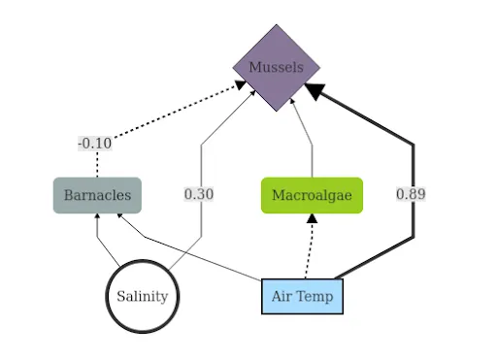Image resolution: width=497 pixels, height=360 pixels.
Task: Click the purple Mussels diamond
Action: pyautogui.click(x=277, y=68)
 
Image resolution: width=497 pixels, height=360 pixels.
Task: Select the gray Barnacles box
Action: pyautogui.click(x=97, y=195)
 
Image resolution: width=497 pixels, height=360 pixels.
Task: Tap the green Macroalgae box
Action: pyautogui.click(x=312, y=195)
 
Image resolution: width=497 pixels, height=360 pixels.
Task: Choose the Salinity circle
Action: pyautogui.click(x=143, y=296)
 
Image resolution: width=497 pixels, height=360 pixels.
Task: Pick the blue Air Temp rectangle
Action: pyautogui.click(x=302, y=296)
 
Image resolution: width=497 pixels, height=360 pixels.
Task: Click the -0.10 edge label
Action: pyautogui.click(x=94, y=144)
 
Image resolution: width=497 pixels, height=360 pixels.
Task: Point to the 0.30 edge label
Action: pyautogui.click(x=199, y=194)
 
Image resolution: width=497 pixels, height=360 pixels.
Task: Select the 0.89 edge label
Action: pyautogui.click(x=411, y=194)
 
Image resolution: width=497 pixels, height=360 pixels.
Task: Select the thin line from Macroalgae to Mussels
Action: pyautogui.click(x=311, y=146)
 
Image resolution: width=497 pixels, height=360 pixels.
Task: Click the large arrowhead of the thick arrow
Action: pyautogui.click(x=313, y=90)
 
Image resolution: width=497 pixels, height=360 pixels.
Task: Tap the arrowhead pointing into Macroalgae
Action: pyautogui.click(x=312, y=218)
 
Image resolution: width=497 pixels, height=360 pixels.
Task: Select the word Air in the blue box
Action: pyautogui.click(x=282, y=296)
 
